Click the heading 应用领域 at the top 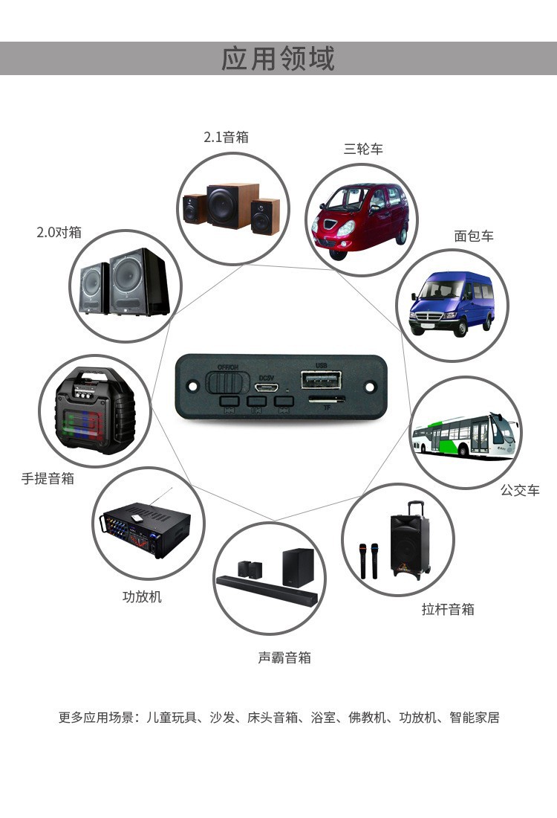tap(278, 58)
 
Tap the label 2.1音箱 tap(226, 137)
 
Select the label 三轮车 tap(363, 149)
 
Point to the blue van tap(452, 305)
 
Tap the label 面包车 tap(474, 236)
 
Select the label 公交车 tap(520, 490)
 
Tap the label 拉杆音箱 tap(448, 609)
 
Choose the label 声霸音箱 tap(284, 657)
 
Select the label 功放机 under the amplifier tap(142, 596)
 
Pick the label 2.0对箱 tap(59, 232)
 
